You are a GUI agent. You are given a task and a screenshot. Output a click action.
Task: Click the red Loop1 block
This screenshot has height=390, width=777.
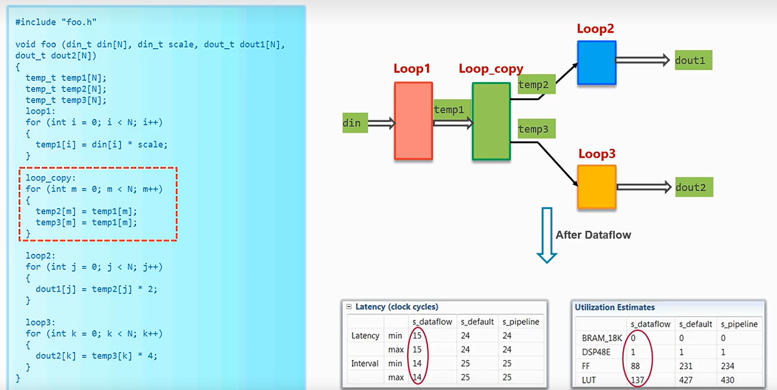click(414, 121)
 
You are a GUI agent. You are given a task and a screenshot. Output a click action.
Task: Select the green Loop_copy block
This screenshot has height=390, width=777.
click(491, 122)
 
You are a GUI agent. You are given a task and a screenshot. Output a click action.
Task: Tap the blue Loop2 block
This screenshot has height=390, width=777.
click(597, 62)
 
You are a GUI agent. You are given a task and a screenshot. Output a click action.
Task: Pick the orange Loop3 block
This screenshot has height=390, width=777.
click(597, 186)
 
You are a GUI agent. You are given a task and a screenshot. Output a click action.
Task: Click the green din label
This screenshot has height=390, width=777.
click(354, 123)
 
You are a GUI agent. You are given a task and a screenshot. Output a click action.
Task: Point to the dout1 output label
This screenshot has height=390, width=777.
click(693, 60)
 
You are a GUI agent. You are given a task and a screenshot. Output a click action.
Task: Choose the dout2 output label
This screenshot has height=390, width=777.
click(693, 187)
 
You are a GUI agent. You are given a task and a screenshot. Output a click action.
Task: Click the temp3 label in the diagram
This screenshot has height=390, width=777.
click(536, 129)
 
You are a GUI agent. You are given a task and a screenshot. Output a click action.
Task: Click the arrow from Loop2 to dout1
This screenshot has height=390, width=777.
click(643, 60)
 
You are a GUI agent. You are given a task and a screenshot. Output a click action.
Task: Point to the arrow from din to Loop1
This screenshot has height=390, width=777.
click(381, 123)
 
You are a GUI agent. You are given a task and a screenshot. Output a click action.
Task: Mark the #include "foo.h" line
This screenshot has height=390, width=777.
click(56, 22)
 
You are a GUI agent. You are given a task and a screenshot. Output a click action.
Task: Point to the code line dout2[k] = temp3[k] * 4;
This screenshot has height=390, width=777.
click(96, 356)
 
